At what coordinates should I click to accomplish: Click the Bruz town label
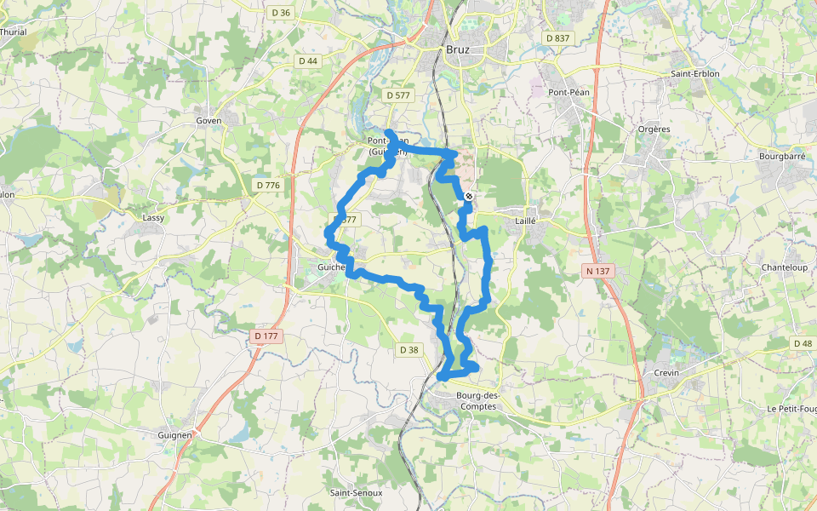458,50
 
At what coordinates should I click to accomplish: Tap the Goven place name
209,121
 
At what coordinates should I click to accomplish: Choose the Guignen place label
175,434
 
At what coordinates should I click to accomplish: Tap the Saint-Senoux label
356,493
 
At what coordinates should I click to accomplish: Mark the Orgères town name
654,129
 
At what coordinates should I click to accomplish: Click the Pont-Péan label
569,92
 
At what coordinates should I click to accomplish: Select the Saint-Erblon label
694,74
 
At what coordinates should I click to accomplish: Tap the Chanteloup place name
783,267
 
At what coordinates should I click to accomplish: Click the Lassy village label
153,218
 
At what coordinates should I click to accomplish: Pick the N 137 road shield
598,271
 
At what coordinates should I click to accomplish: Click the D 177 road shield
266,336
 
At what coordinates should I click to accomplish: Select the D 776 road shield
267,185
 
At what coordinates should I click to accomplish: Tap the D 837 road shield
557,38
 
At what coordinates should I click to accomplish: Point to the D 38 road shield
408,349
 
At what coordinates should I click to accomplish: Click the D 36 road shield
280,13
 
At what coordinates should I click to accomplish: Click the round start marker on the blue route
468,197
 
